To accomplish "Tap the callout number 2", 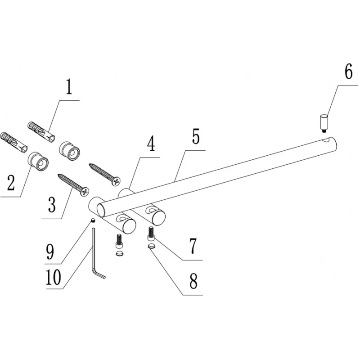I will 11,183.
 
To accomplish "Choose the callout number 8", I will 193,282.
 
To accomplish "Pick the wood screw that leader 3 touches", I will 73,184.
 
